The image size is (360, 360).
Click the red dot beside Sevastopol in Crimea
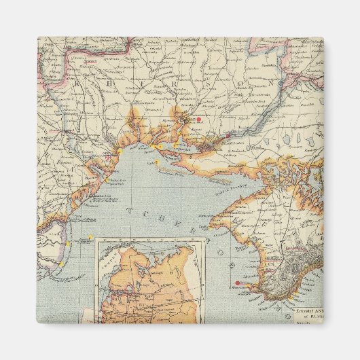(x=237, y=283)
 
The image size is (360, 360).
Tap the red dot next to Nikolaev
(x=198, y=120)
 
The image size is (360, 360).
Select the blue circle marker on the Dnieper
(x=229, y=135)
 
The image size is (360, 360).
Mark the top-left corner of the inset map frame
(x=95, y=238)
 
